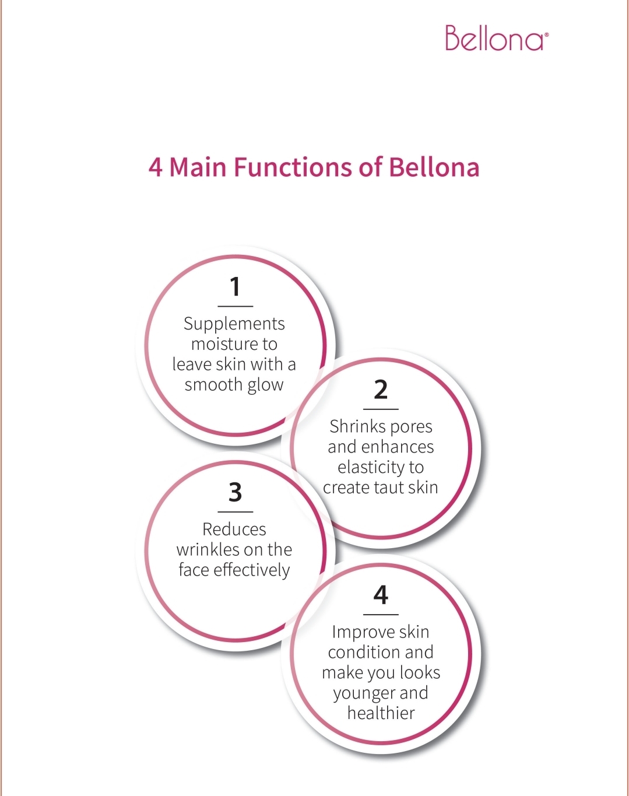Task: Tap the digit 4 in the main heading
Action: point(155,168)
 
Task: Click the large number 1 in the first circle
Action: point(235,287)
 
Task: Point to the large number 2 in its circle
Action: point(381,390)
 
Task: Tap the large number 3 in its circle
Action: point(235,492)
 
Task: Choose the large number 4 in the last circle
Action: point(381,595)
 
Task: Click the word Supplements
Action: point(234,324)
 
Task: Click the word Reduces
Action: point(234,530)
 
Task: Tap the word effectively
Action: point(252,570)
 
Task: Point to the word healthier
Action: point(381,713)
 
